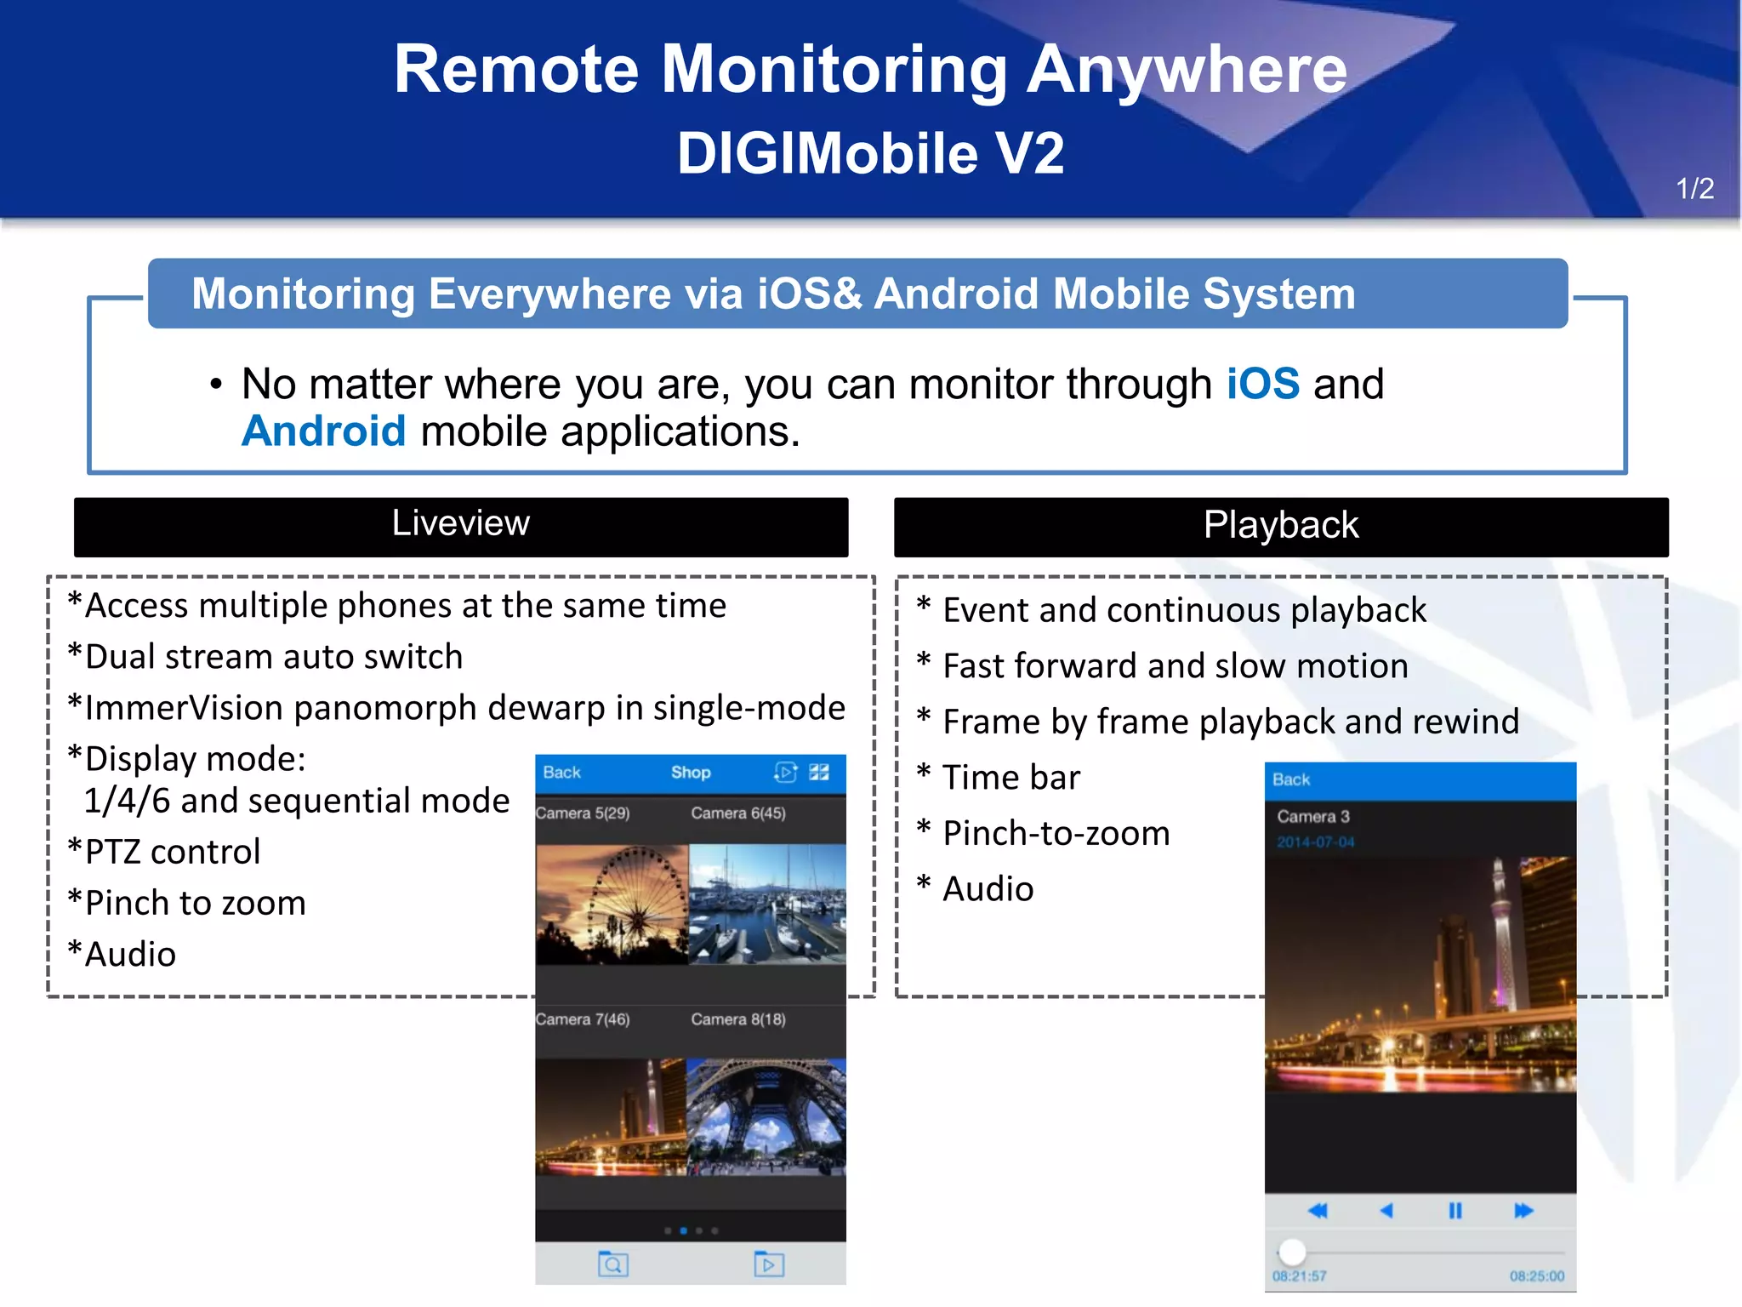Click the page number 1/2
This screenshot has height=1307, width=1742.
(x=1694, y=188)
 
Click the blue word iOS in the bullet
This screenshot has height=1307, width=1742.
(x=1262, y=384)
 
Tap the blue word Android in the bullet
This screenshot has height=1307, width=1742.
(x=324, y=431)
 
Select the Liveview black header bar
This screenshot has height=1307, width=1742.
(x=460, y=527)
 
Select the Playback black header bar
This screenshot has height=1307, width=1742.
(x=1280, y=527)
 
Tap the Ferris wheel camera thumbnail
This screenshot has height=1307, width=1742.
(x=612, y=904)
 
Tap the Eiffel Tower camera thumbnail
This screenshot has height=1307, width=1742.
(x=766, y=1116)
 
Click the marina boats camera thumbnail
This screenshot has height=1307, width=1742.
(x=766, y=904)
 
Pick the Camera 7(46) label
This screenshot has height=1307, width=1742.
(x=583, y=1019)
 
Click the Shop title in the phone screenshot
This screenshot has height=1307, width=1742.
(x=690, y=773)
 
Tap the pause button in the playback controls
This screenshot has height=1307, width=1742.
(x=1455, y=1211)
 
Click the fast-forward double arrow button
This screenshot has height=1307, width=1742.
(x=1523, y=1211)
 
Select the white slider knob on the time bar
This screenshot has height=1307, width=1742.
(x=1292, y=1252)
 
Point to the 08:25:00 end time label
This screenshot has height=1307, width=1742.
(x=1536, y=1276)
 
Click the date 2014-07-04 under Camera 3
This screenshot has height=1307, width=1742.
(x=1315, y=842)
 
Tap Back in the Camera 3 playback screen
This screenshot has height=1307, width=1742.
(x=1290, y=779)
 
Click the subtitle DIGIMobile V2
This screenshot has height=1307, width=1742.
(x=870, y=153)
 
